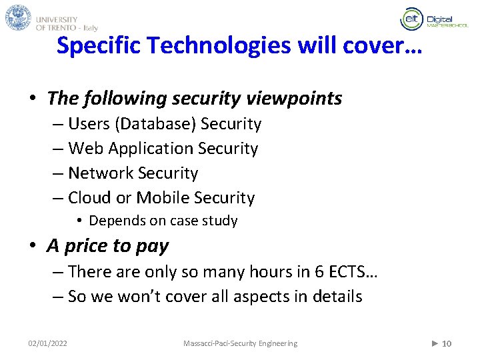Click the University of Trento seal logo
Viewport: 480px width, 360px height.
click(x=19, y=18)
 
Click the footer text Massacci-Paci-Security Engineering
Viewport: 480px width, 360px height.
click(x=240, y=343)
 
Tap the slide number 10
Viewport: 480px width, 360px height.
click(x=447, y=343)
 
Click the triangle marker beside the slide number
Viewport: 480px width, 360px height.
click(x=435, y=343)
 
